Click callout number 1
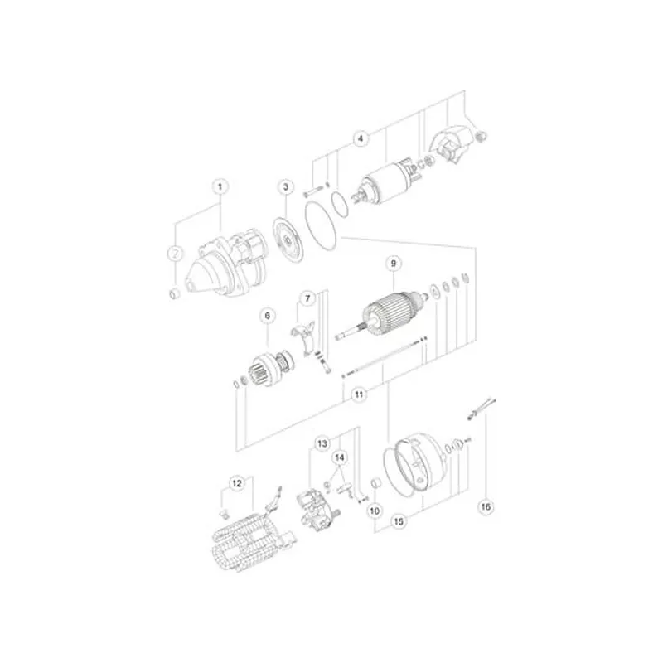(220, 186)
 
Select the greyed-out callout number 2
(176, 254)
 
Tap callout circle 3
(286, 187)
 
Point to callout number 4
(361, 138)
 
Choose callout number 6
(267, 316)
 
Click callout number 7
(307, 298)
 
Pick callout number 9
(394, 264)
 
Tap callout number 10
(375, 511)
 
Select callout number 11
(359, 394)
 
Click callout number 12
(237, 483)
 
